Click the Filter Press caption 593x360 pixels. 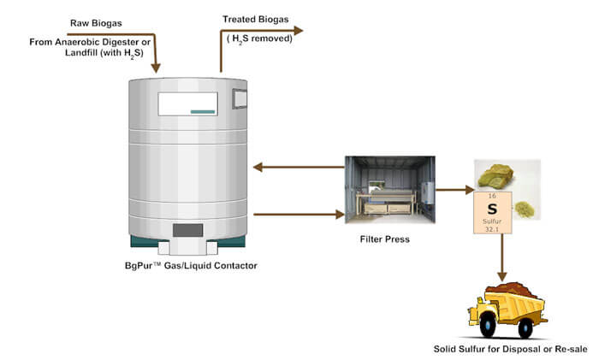point(384,239)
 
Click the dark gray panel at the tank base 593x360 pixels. point(187,229)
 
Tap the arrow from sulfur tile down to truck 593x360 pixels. point(502,262)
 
